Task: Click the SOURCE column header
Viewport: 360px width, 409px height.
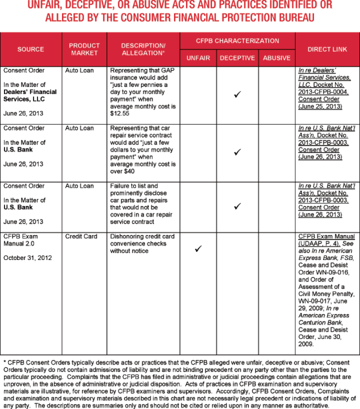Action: (31, 49)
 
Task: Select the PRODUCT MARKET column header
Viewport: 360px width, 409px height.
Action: (84, 49)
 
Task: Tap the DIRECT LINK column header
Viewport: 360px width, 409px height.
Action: (327, 49)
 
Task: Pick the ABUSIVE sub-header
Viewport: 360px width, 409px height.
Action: (276, 58)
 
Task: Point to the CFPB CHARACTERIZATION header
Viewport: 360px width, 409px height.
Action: (237, 41)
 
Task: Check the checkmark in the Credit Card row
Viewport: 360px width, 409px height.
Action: (198, 249)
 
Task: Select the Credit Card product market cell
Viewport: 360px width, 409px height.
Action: (81, 236)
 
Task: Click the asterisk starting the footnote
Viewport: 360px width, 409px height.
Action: (5, 362)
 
